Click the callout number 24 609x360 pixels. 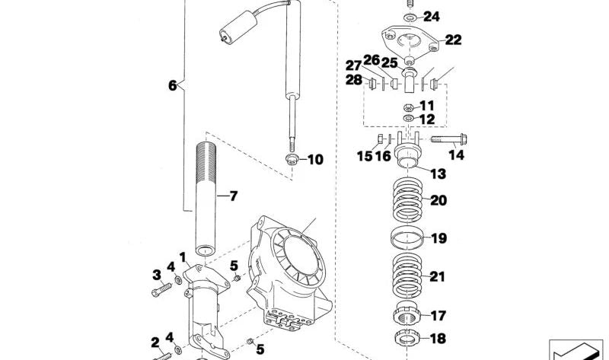coord(431,16)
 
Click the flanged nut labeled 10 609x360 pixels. coord(292,159)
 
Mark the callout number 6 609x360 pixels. coord(172,86)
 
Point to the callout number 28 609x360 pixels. coord(354,81)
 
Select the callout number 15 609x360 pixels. coord(364,157)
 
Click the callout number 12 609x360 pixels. coord(426,119)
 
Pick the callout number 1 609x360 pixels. coord(183,256)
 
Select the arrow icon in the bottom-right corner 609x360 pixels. coord(576,349)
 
